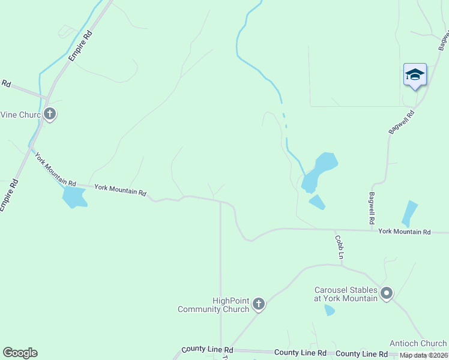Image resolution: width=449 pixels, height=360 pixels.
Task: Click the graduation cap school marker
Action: click(x=415, y=74)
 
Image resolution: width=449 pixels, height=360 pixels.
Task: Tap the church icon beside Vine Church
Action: click(x=50, y=113)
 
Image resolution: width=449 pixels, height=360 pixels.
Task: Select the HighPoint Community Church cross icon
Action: click(x=259, y=304)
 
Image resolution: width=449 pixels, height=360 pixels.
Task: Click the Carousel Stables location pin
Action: click(x=387, y=294)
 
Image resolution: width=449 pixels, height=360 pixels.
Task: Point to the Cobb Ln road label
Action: click(x=340, y=247)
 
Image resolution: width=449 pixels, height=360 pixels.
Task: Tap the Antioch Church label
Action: click(x=418, y=344)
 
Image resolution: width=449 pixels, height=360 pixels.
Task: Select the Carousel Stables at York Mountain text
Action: click(x=346, y=294)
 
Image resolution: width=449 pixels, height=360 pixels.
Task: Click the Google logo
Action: click(x=20, y=353)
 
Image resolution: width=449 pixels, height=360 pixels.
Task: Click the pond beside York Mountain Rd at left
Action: click(x=74, y=197)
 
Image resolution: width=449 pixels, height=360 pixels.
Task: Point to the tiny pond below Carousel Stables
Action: click(x=330, y=310)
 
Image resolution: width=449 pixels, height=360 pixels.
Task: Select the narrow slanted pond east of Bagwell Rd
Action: click(x=409, y=213)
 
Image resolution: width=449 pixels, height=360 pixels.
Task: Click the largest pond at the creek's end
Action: click(x=319, y=171)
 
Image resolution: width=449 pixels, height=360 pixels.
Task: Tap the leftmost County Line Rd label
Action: click(x=207, y=349)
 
